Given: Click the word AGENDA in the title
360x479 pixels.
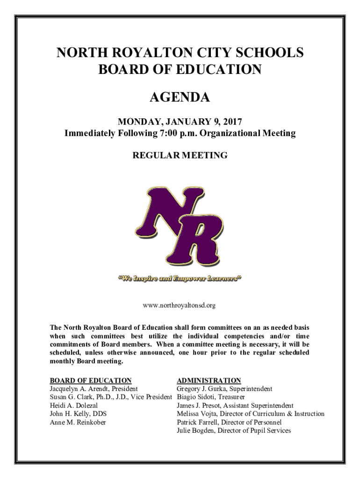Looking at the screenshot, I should [x=180, y=98].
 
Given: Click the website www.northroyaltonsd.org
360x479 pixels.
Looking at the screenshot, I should [x=180, y=305].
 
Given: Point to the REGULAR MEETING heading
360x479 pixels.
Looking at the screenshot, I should [x=180, y=155].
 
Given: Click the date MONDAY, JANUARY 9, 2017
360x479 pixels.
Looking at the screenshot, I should [x=180, y=123].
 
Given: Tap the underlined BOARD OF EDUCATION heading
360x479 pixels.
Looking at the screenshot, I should [x=91, y=380].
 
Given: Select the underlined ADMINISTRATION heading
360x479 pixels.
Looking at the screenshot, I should [x=209, y=380].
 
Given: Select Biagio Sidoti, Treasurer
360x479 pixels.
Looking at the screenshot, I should [x=210, y=397].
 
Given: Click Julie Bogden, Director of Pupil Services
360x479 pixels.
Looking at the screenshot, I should [x=233, y=430].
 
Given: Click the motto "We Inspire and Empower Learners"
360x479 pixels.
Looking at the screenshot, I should [x=180, y=280].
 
